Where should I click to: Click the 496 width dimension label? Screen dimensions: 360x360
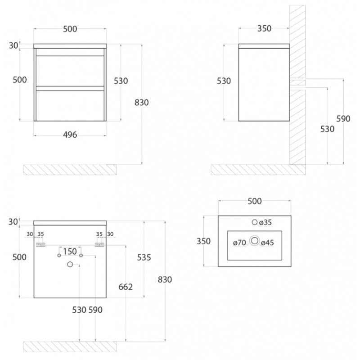tap(70, 135)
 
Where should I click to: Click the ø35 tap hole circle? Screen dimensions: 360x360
tap(255, 222)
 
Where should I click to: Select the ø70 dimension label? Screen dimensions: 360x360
tap(239, 243)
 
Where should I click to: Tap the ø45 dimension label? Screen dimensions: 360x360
tap(267, 243)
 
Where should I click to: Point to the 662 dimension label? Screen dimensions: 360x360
tap(126, 287)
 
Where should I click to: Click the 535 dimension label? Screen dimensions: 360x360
tap(144, 257)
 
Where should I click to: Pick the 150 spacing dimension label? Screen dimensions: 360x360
tap(70, 252)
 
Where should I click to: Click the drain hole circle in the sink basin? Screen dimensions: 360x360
tap(255, 241)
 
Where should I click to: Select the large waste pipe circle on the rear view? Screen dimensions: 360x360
tap(70, 264)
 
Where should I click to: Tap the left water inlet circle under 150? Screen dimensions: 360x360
tap(59, 255)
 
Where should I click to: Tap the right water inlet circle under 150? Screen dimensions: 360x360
tap(81, 255)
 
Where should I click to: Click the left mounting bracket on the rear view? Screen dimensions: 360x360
tap(40, 245)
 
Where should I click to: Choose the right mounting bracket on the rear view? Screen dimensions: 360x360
tap(99, 245)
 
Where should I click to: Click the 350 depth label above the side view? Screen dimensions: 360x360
tap(264, 28)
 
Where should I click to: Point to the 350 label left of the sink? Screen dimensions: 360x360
tap(203, 241)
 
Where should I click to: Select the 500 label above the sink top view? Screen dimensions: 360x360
tap(255, 201)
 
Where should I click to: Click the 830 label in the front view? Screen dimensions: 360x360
tap(142, 103)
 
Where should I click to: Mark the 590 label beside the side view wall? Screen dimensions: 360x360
tap(343, 119)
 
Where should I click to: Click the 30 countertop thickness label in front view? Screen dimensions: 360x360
tap(13, 46)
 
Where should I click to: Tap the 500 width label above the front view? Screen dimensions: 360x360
tap(70, 29)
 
